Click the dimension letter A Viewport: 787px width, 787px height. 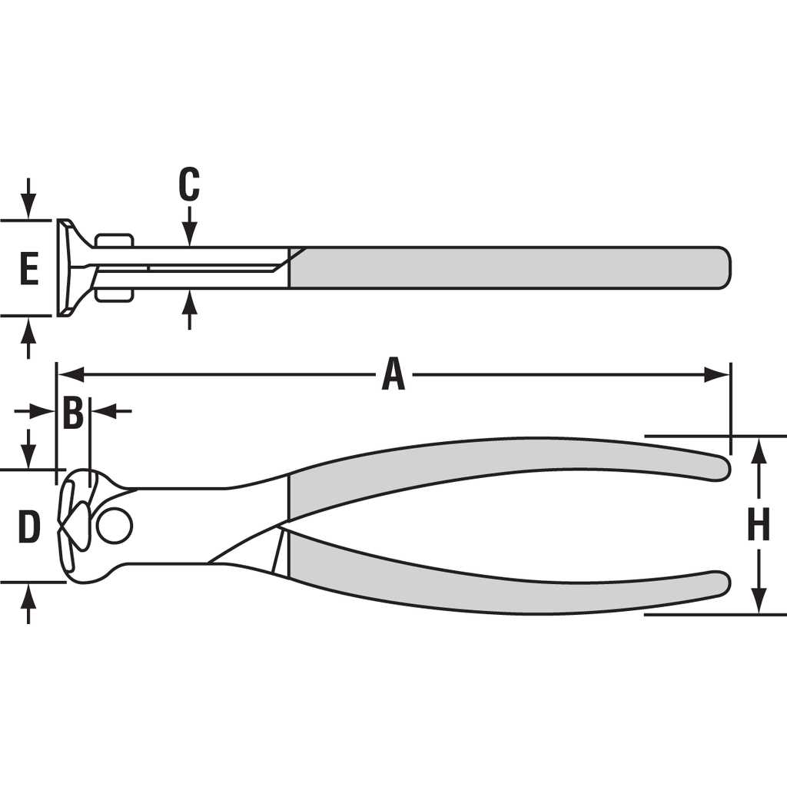pyautogui.click(x=393, y=374)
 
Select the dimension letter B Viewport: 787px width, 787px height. pyautogui.click(x=73, y=412)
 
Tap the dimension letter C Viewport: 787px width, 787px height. pyautogui.click(x=189, y=184)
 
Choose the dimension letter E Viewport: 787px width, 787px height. pyautogui.click(x=29, y=269)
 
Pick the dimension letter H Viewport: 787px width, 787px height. pyautogui.click(x=759, y=524)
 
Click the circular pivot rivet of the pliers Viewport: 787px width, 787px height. pyautogui.click(x=115, y=526)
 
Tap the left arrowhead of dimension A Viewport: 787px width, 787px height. pyautogui.click(x=70, y=374)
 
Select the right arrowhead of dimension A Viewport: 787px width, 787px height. pyautogui.click(x=717, y=374)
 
